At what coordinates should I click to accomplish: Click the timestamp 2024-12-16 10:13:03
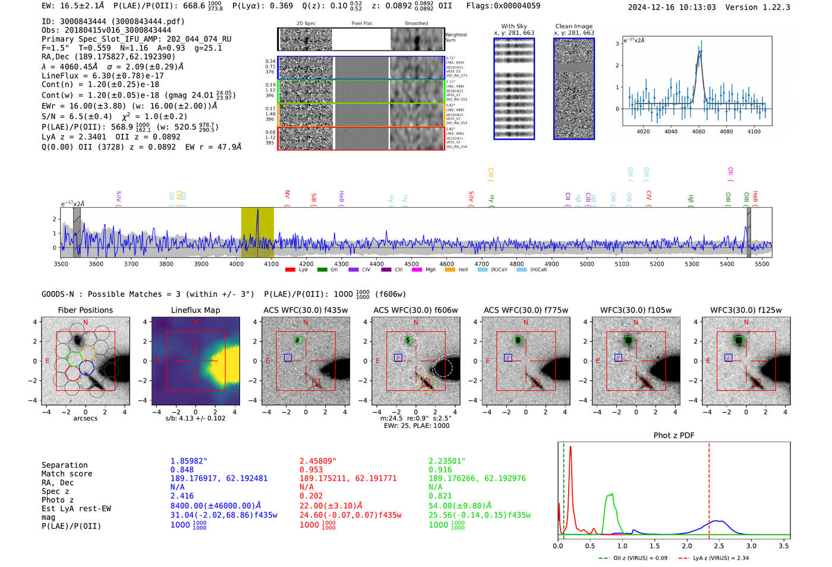click(672, 7)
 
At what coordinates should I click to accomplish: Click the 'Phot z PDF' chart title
click(674, 436)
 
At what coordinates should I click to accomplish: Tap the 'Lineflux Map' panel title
click(196, 310)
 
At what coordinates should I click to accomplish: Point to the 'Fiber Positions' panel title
click(85, 310)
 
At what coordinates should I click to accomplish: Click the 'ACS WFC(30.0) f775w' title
click(525, 310)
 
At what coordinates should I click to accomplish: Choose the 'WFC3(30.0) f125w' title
click(746, 310)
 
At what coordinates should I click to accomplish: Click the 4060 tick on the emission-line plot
click(698, 131)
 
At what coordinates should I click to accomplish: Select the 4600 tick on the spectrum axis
click(446, 264)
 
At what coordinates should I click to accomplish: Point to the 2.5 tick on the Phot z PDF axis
click(719, 546)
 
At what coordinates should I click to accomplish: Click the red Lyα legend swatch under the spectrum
click(290, 270)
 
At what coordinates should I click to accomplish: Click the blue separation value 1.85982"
click(189, 461)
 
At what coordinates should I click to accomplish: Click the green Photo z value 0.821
click(440, 496)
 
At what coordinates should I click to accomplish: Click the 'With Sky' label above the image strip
click(513, 26)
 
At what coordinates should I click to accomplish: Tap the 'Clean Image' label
click(573, 26)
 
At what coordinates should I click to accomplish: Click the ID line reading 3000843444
click(113, 21)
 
